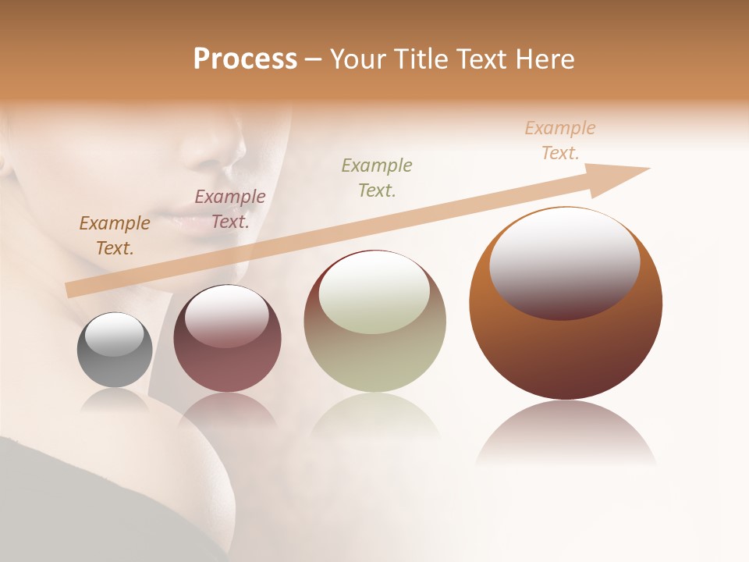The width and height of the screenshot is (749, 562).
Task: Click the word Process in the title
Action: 245,59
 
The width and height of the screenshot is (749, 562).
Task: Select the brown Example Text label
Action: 115,236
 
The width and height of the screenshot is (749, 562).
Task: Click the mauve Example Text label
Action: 229,209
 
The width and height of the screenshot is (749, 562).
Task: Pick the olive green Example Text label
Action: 377,178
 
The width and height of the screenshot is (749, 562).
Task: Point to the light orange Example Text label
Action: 559,140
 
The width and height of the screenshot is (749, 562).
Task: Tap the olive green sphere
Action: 374,359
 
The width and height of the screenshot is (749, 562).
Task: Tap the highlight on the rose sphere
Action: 226,315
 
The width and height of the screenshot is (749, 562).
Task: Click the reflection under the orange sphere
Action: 566,433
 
